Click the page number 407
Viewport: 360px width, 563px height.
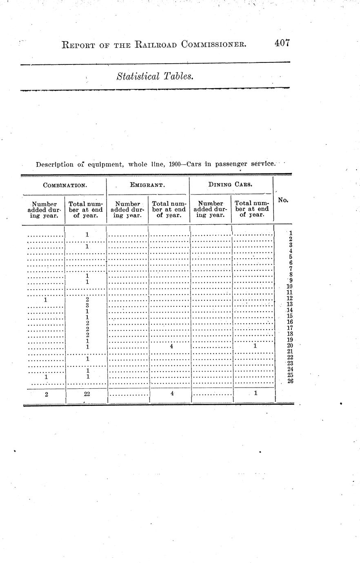click(x=282, y=43)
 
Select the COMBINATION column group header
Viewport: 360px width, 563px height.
click(x=65, y=185)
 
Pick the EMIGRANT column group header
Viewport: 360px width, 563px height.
click(x=147, y=185)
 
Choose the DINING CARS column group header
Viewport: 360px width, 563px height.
click(x=230, y=184)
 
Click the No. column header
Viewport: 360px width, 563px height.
click(x=283, y=200)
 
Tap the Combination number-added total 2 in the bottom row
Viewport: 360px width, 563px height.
click(x=47, y=394)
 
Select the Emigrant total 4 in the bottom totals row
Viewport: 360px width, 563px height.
click(x=172, y=394)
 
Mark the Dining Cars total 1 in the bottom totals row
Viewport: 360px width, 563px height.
click(x=255, y=393)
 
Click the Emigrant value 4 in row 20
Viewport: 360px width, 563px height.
click(x=172, y=346)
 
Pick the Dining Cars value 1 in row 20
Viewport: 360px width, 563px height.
click(x=255, y=346)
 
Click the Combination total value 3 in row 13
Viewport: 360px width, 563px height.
click(x=87, y=305)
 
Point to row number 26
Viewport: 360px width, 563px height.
click(x=290, y=381)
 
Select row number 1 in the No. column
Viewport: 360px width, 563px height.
click(x=290, y=233)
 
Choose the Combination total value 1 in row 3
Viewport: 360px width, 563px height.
click(x=87, y=246)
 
